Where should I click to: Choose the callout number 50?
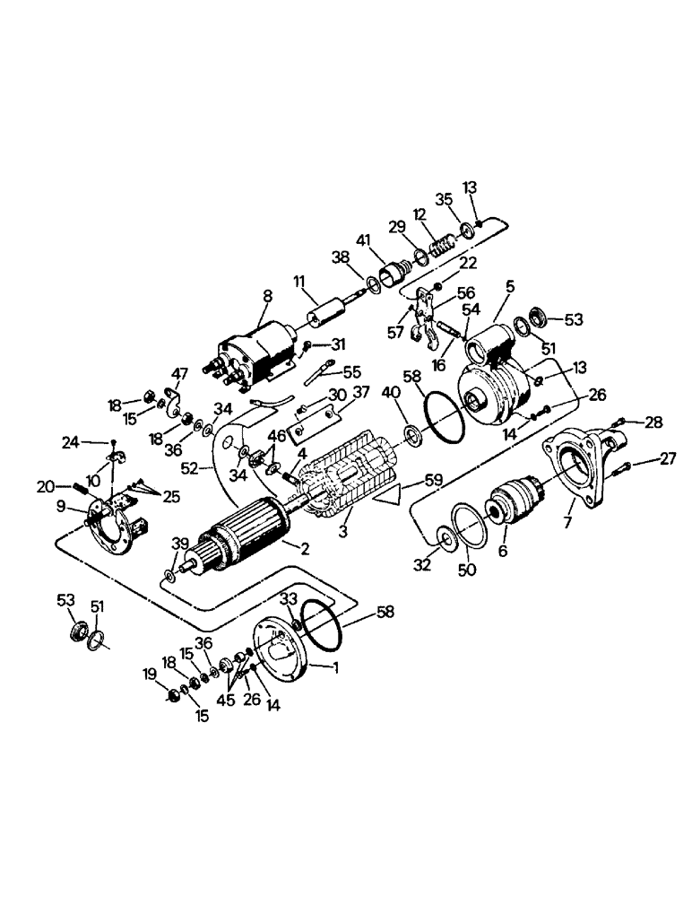(x=467, y=570)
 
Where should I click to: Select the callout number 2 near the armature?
(x=305, y=549)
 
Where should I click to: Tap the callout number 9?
(x=60, y=507)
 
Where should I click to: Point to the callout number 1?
(x=337, y=667)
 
